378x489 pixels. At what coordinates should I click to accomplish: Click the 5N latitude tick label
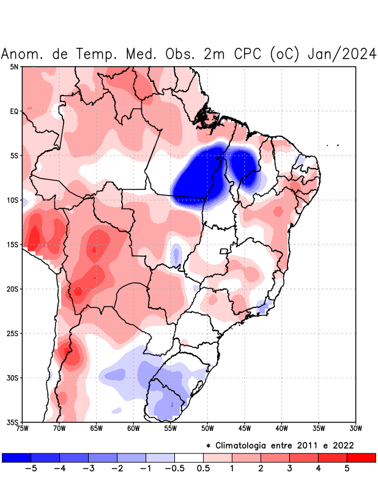[13, 67]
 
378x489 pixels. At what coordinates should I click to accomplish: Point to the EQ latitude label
[13, 111]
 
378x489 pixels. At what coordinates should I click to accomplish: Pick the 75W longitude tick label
[22, 428]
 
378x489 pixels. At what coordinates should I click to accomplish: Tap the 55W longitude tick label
[171, 428]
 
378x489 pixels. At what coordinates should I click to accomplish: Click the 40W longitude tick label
[282, 428]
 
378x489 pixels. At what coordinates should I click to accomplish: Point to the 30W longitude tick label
[356, 428]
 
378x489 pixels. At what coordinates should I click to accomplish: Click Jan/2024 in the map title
[343, 54]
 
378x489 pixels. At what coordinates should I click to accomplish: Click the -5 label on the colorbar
[28, 469]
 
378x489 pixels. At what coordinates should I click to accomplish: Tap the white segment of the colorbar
[189, 457]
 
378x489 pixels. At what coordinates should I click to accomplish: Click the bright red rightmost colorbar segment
[361, 457]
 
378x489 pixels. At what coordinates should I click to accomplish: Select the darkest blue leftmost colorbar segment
[17, 457]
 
